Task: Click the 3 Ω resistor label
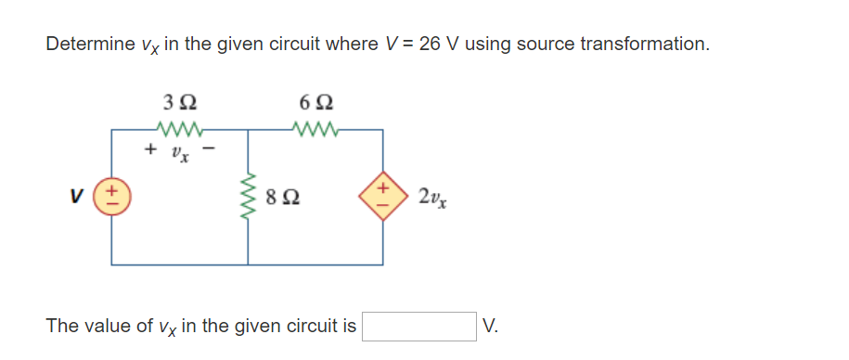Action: [x=178, y=101]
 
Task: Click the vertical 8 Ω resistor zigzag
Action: [x=249, y=197]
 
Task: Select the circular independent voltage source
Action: [x=112, y=197]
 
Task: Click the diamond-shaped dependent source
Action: [x=382, y=197]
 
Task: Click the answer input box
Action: [x=420, y=326]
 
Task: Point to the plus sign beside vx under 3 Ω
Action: [x=148, y=148]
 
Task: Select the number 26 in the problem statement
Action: [x=431, y=44]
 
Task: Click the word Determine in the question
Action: [x=85, y=44]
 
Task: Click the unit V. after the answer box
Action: [x=491, y=326]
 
